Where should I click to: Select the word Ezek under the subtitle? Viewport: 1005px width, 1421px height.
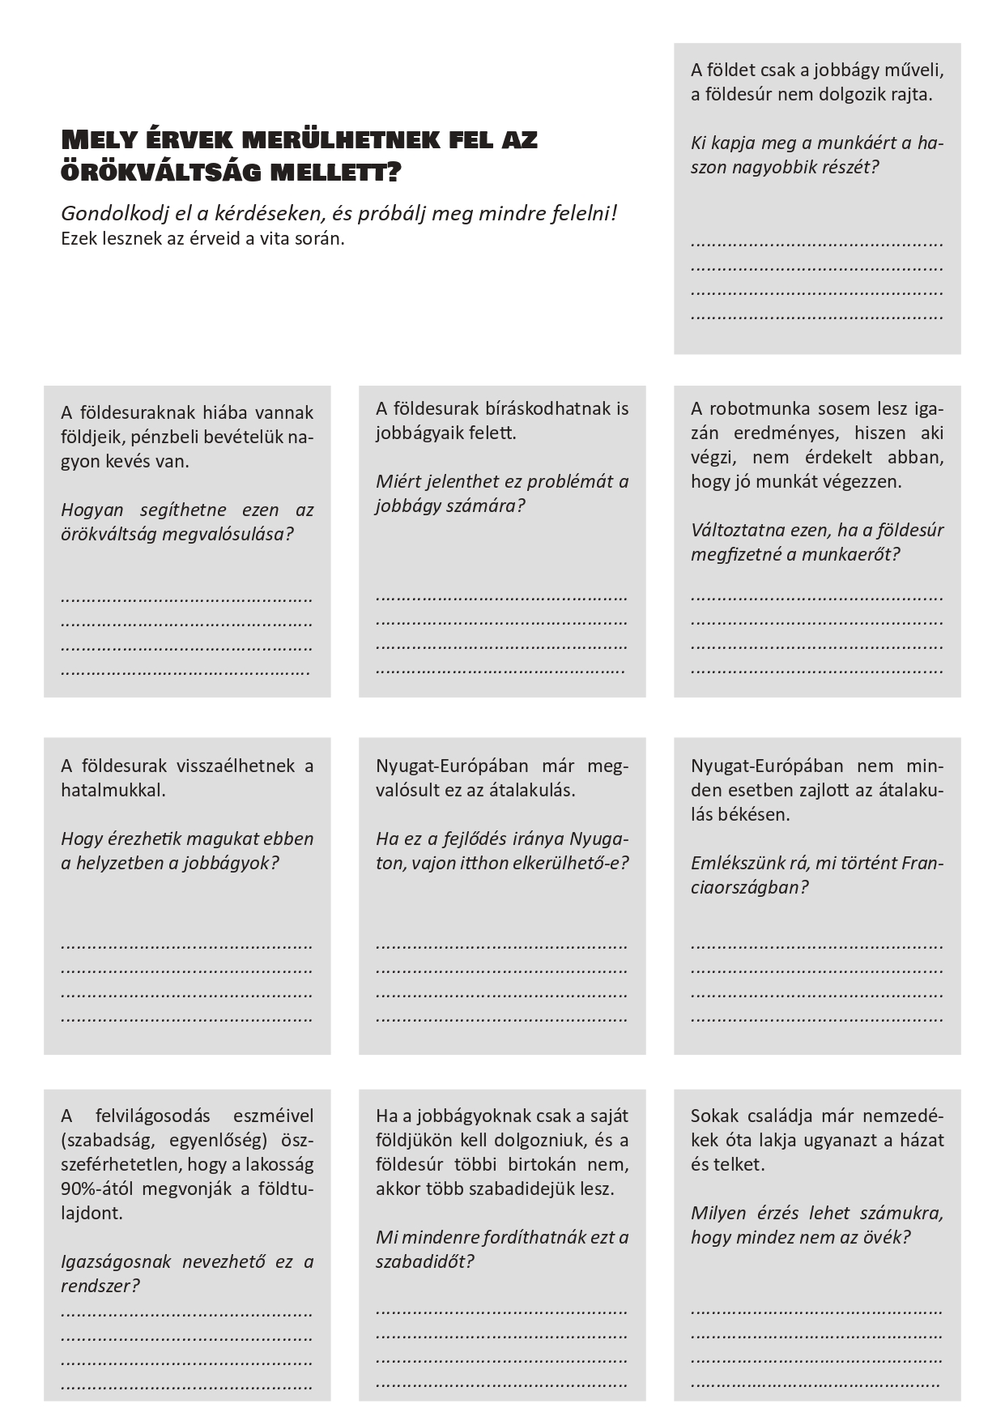(x=78, y=239)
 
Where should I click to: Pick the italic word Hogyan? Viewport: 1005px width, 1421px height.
(x=92, y=510)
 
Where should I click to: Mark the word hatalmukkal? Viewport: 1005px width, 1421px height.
(x=113, y=790)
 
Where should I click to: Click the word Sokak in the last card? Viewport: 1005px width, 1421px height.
(x=714, y=1116)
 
